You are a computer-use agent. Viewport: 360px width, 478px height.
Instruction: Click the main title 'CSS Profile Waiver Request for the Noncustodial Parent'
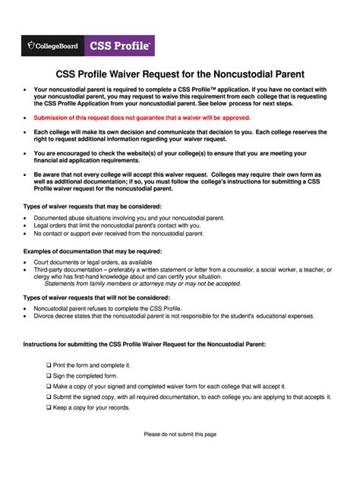181,75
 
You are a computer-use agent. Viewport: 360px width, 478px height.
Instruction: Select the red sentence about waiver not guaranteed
142,118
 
